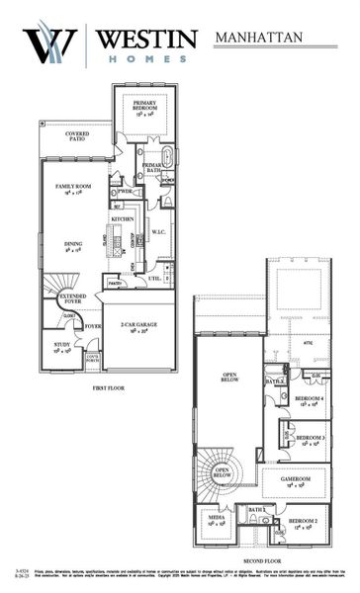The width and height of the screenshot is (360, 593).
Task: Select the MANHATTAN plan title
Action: click(x=261, y=39)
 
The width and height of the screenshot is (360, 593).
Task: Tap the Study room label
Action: click(x=61, y=346)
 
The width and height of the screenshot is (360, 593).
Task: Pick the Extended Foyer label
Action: click(x=72, y=299)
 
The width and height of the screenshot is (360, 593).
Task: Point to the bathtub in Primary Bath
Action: click(x=166, y=157)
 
